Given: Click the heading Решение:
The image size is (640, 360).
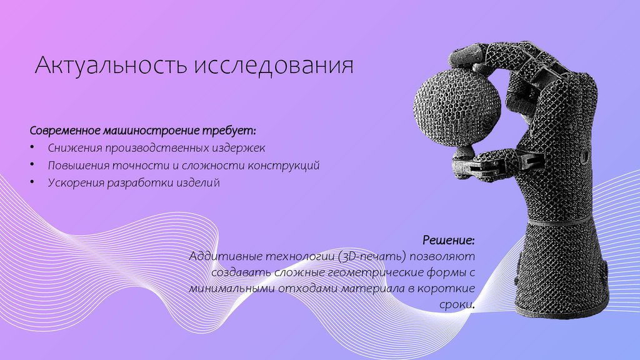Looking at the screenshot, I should click(x=448, y=240).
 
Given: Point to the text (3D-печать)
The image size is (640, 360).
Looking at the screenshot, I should click(x=371, y=257).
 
